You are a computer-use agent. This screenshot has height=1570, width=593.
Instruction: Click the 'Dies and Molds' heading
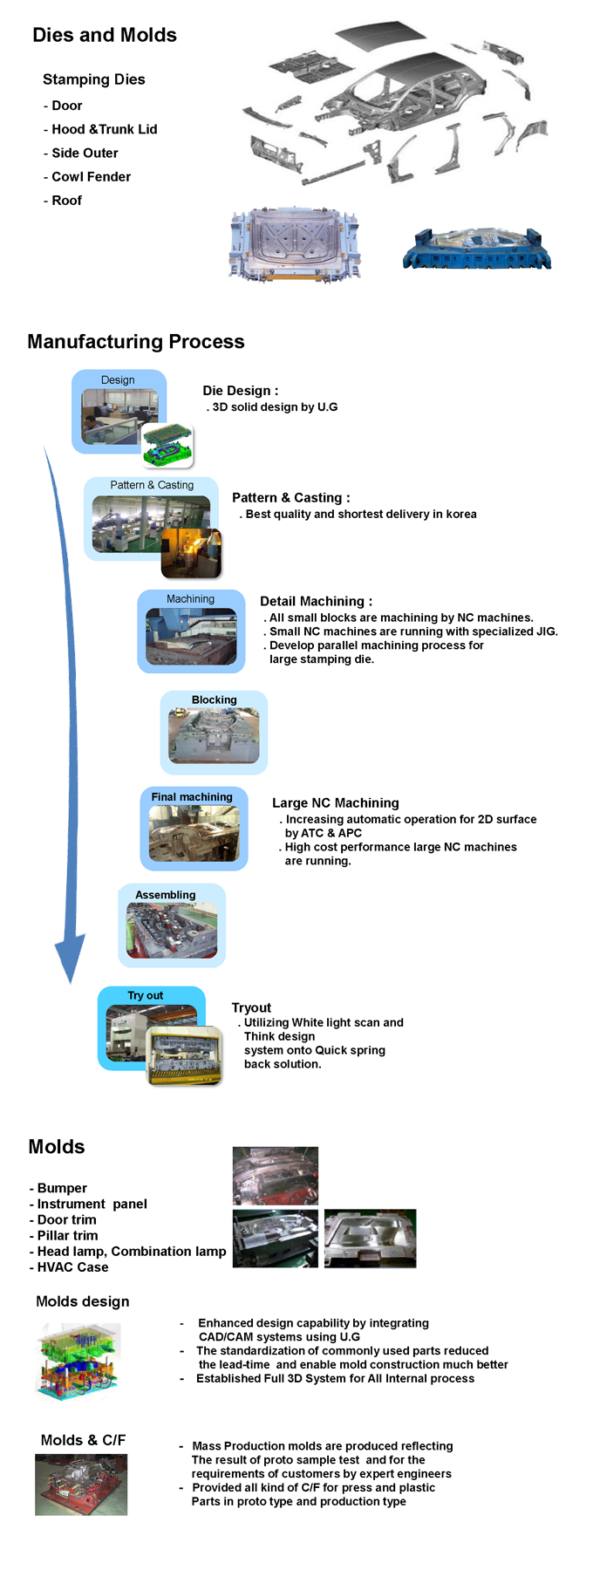pos(105,35)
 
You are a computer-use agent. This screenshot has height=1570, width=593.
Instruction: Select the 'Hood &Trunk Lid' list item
pos(100,129)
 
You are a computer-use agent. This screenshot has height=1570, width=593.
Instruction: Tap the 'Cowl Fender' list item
pos(87,176)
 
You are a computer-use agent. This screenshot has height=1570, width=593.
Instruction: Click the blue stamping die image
pos(477,249)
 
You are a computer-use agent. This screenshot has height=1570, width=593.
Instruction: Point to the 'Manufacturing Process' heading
pos(136,342)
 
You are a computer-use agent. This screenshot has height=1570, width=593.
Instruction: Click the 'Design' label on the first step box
pos(118,380)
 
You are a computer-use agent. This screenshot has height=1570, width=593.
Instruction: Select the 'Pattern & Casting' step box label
pos(152,485)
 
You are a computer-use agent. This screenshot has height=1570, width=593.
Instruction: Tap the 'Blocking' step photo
pos(214,735)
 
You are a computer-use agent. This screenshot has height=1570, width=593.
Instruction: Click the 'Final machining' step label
pos(192,797)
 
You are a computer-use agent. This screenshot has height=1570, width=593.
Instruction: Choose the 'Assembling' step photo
pos(172,931)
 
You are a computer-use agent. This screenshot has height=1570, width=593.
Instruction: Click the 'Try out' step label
pos(146,996)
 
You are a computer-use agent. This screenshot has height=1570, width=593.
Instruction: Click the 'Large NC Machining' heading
pos(336,803)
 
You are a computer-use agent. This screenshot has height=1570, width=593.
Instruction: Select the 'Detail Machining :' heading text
pos(316,601)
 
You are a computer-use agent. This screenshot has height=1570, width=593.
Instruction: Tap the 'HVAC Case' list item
pos(69,1267)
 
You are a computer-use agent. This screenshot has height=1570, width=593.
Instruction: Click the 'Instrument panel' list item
pos(88,1204)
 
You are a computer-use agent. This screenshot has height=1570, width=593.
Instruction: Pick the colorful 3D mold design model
pos(78,1362)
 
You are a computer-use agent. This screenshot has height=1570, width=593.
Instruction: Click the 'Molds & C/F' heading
pos(83,1440)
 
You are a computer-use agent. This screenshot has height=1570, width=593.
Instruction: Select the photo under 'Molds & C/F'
pos(81,1485)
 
